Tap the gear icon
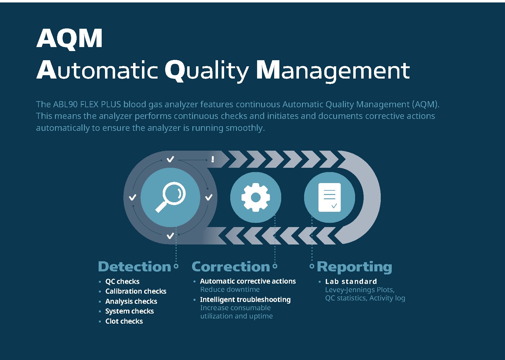coord(256,197)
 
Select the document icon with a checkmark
coord(329,197)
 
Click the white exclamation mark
coord(213,159)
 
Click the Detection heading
coord(134,266)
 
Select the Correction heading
coord(231,266)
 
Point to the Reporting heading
coord(354,266)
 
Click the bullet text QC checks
coord(122,281)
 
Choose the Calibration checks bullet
coord(136,291)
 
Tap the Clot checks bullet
coord(124,321)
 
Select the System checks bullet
coord(129,311)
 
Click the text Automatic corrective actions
coord(248,281)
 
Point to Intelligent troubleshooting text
coord(245,299)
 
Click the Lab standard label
coord(351,281)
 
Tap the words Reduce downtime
coord(230,289)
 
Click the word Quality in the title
coord(207,70)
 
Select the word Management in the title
coord(333,70)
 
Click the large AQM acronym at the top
coord(69,39)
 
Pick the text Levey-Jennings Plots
coord(360,290)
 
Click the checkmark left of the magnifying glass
coord(133,197)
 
